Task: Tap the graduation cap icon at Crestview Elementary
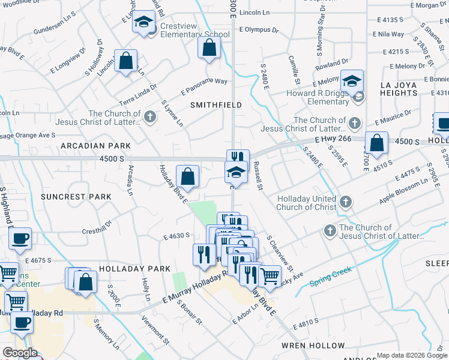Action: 143,22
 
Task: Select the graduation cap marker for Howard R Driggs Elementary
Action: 352,81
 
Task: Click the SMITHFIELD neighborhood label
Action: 216,105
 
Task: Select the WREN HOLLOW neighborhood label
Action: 313,346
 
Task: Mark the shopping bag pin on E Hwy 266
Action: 376,143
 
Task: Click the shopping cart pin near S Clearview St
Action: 270,276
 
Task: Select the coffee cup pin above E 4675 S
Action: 20,239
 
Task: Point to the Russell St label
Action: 258,176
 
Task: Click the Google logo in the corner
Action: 20,353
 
